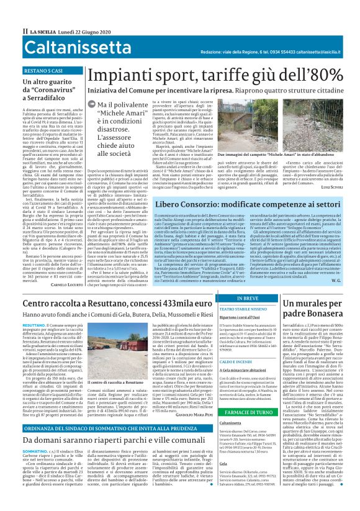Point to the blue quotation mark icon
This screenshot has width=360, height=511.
click(x=92, y=106)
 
